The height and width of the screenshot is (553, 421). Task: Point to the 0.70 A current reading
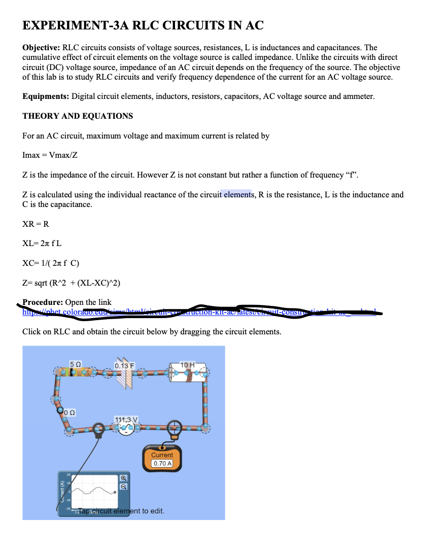[162, 464]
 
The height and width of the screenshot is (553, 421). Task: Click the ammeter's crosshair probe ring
[174, 426]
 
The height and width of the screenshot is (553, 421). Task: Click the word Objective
[42, 48]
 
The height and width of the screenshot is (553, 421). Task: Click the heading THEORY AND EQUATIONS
[78, 116]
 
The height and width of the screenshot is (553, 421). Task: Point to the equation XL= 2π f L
[42, 243]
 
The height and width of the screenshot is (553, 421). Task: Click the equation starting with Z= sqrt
[72, 283]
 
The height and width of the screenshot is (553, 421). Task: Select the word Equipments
[46, 96]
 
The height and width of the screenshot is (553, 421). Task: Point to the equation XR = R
[36, 224]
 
